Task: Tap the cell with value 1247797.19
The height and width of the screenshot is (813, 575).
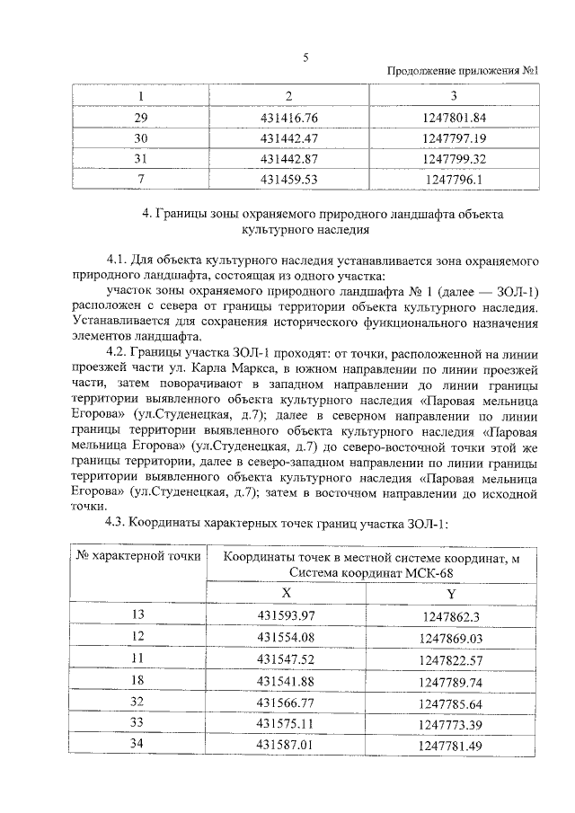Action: pyautogui.click(x=454, y=139)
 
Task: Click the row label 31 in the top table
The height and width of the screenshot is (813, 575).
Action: pyautogui.click(x=140, y=159)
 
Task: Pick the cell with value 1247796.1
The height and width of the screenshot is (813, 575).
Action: pyautogui.click(x=454, y=180)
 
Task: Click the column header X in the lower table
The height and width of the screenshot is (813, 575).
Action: pyautogui.click(x=287, y=594)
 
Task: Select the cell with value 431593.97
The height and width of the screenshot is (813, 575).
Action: pyautogui.click(x=287, y=614)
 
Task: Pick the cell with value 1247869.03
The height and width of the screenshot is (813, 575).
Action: pyautogui.click(x=451, y=638)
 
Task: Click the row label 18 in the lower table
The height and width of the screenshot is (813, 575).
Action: pyautogui.click(x=138, y=681)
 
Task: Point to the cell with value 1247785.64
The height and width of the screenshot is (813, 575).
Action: pyautogui.click(x=451, y=703)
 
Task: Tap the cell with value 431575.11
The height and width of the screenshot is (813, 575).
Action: pyautogui.click(x=287, y=724)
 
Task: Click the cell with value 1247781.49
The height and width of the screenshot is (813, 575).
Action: pyautogui.click(x=451, y=747)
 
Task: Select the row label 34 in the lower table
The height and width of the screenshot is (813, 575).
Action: pyautogui.click(x=138, y=746)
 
